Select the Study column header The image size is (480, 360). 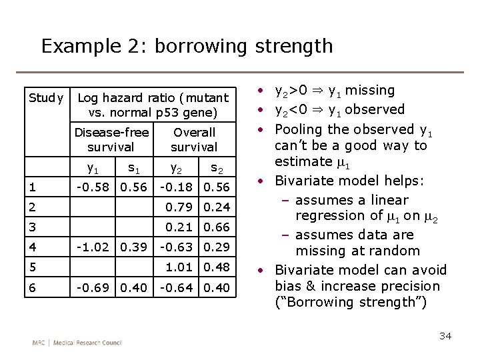point(45,98)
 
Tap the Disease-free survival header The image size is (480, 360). point(111,139)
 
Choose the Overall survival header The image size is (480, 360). point(194,139)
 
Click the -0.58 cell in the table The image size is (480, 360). point(92,188)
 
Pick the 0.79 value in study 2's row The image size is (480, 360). point(179,207)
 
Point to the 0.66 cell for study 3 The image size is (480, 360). point(216,227)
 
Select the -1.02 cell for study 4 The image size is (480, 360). point(92,247)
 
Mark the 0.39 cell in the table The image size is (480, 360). point(133,247)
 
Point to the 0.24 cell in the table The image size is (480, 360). point(216,207)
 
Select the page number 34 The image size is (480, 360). point(445,335)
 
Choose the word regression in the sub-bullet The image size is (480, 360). point(330,215)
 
